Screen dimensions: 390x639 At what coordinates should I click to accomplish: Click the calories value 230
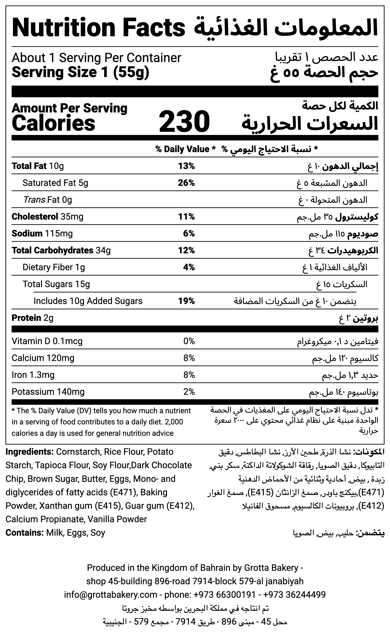(x=184, y=121)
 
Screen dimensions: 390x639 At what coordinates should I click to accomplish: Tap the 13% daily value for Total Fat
(x=186, y=166)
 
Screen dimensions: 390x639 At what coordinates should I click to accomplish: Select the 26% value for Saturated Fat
(x=186, y=183)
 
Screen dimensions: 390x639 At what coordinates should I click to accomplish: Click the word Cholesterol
(x=35, y=217)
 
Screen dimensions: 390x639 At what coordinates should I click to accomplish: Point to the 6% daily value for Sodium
(x=189, y=233)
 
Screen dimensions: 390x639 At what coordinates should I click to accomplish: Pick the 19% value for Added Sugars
(x=186, y=301)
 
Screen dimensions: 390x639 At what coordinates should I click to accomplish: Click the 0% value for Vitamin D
(x=189, y=341)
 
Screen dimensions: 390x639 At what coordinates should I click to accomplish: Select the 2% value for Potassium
(x=189, y=392)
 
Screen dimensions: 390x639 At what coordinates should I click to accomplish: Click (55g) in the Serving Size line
(x=131, y=72)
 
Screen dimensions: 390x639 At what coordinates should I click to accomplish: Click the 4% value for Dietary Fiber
(x=189, y=267)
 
